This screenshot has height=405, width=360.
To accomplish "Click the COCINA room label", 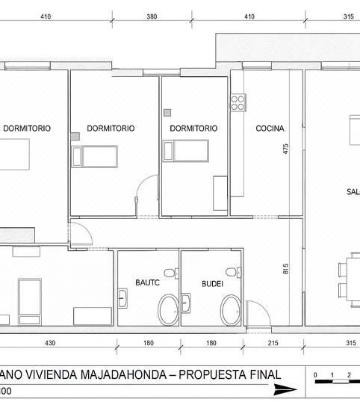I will tap(269, 129).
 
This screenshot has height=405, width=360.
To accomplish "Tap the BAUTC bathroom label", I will tap(147, 283).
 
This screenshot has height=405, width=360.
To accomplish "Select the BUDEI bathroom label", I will tap(213, 283).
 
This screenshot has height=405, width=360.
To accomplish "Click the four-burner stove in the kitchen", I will tap(238, 102).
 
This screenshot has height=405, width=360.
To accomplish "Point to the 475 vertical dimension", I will tap(285, 149).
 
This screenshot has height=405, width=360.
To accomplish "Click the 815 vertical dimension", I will tap(285, 269).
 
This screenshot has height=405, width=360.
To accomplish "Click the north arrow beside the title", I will tap(285, 389).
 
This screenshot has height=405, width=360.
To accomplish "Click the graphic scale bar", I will tap(336, 382).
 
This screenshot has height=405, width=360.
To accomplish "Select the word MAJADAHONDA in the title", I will tap(108, 374).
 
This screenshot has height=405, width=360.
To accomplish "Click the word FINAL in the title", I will tap(262, 374).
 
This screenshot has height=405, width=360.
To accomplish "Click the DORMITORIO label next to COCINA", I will tap(193, 129).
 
